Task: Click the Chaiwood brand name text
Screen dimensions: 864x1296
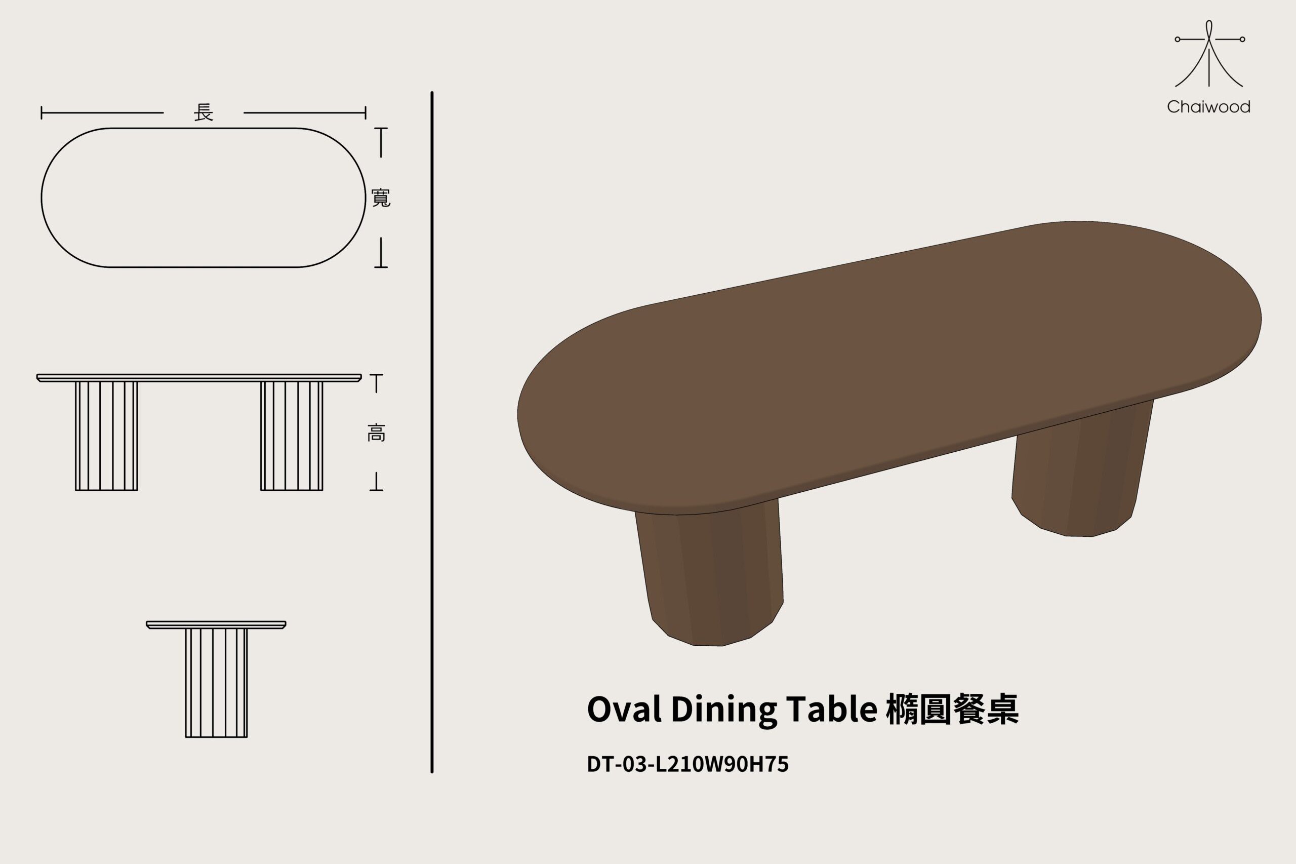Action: pyautogui.click(x=1208, y=107)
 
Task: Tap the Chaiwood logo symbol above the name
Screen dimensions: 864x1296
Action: pyautogui.click(x=1209, y=55)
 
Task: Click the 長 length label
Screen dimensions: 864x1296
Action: pyautogui.click(x=203, y=113)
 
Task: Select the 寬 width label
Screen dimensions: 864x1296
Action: pyautogui.click(x=381, y=198)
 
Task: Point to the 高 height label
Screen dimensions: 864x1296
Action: pyautogui.click(x=376, y=433)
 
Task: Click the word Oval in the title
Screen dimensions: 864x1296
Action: pyautogui.click(x=624, y=709)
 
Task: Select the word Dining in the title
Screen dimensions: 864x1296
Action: pyautogui.click(x=723, y=709)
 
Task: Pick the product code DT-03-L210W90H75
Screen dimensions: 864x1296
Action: pyautogui.click(x=687, y=764)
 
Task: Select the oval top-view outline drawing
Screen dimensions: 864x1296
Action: pyautogui.click(x=203, y=198)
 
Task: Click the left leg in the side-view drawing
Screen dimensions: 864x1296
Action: pyautogui.click(x=106, y=436)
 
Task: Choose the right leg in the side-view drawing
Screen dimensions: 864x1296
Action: pyautogui.click(x=292, y=436)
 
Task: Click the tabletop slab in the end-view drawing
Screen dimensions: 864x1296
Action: pyautogui.click(x=216, y=624)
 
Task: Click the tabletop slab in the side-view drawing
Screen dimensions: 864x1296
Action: pyautogui.click(x=199, y=377)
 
